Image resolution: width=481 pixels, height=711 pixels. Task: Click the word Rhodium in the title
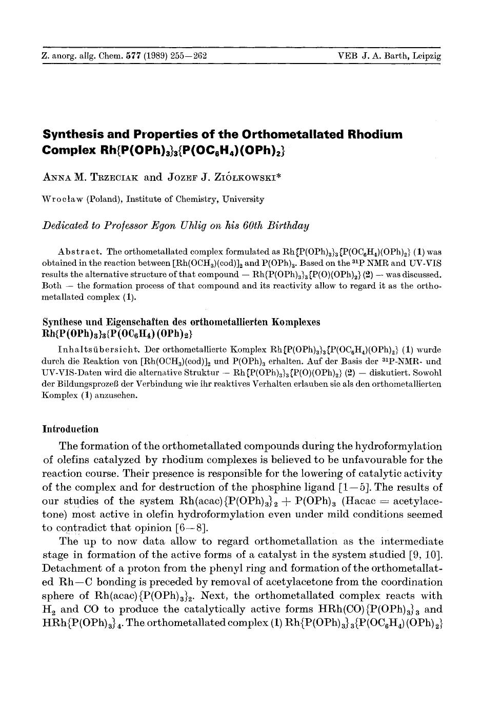click(376, 135)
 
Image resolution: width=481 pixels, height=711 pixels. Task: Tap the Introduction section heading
click(70, 429)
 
